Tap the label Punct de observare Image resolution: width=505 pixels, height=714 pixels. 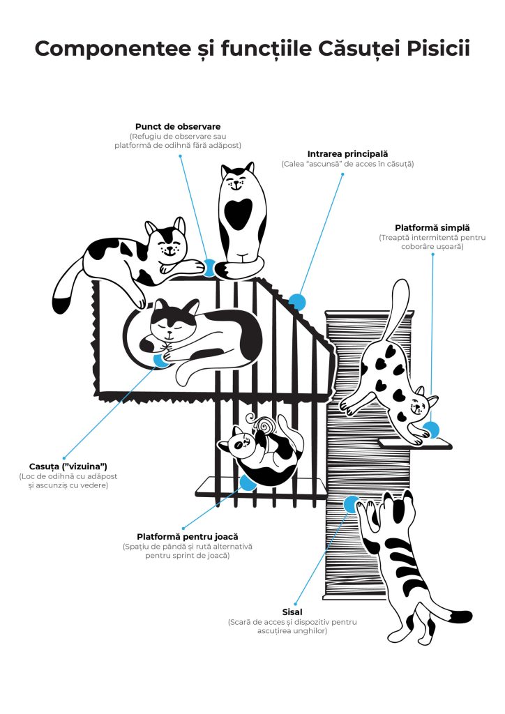point(177,126)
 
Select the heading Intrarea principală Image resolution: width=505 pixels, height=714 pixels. point(347,153)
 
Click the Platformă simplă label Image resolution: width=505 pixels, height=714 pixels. point(432,227)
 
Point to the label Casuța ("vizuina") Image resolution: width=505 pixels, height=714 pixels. point(63,466)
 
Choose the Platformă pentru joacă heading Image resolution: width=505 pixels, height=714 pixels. point(187,537)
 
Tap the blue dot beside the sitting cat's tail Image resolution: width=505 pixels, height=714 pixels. point(209,266)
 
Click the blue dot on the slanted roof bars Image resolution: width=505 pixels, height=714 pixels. point(297,302)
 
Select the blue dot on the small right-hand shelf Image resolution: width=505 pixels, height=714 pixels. point(431,430)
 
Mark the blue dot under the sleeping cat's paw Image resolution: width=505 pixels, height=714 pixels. point(161,360)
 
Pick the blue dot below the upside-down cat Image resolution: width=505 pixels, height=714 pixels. point(247,483)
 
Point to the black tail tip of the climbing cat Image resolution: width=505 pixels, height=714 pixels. point(461,616)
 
